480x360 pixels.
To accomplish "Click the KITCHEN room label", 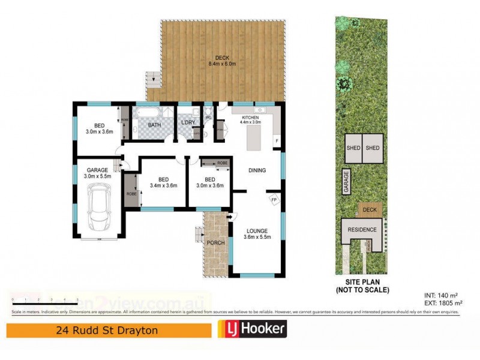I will click(249, 118).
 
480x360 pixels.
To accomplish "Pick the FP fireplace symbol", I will click(274, 200).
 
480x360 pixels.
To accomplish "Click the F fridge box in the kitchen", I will click(276, 141).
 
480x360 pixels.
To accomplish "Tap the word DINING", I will click(257, 170).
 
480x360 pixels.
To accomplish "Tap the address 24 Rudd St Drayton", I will click(97, 329).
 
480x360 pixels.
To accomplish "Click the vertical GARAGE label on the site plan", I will click(346, 181).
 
